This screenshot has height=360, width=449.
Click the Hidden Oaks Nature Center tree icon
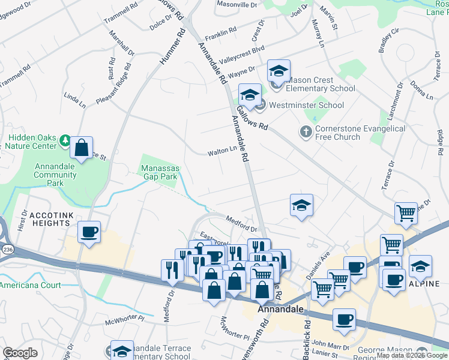(x=65, y=141)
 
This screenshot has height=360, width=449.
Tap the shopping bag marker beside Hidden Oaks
(x=81, y=147)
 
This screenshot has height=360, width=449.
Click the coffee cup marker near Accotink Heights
(x=89, y=232)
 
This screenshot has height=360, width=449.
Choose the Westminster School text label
(x=306, y=105)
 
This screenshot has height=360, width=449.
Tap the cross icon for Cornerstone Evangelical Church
(x=306, y=131)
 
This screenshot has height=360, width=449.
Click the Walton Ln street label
(x=222, y=151)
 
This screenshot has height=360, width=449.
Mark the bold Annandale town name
(x=279, y=310)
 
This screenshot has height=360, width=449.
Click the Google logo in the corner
(x=20, y=353)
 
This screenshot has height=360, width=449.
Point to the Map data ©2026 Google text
(x=412, y=355)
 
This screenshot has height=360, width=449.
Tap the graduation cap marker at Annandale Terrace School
(x=122, y=351)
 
